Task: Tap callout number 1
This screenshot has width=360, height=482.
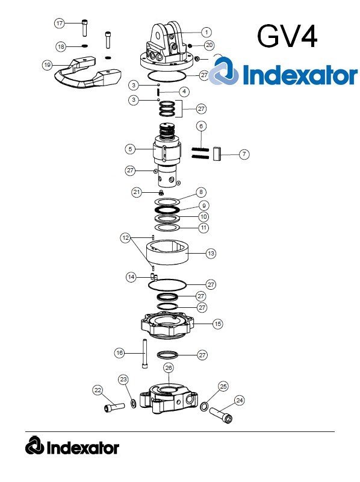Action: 205,31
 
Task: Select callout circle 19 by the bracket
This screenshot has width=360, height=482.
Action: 48,64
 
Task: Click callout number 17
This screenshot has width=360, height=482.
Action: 59,23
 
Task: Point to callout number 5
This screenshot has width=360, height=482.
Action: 129,148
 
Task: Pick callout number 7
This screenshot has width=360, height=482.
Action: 244,154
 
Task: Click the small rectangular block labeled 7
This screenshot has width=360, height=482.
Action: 217,154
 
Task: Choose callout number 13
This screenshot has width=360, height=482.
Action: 211,254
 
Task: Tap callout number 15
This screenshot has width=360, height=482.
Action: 217,324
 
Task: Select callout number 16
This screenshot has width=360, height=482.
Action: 119,352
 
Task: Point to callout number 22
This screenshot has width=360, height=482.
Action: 98,390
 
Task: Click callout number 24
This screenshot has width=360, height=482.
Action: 240,400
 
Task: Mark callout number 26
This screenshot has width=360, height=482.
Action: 169,367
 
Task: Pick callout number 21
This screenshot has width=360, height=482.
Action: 137,192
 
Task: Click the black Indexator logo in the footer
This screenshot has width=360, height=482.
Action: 72,447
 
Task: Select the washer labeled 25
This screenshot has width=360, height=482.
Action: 205,407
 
